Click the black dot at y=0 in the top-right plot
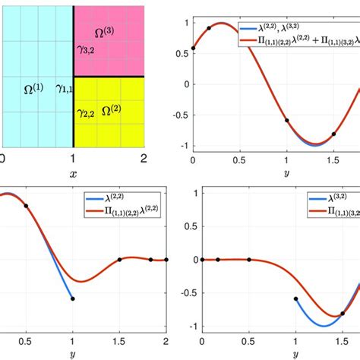pyautogui.click(x=193, y=48)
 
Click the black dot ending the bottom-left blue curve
pyautogui.click(x=73, y=298)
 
